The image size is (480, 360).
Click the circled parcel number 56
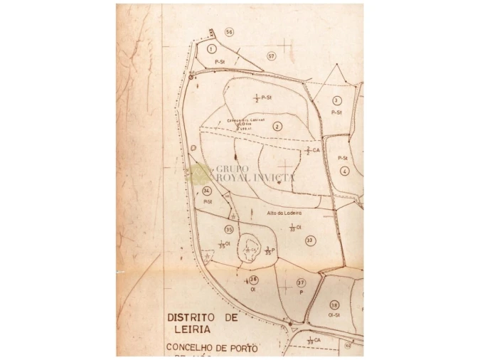pos(229,32)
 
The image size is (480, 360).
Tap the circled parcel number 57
pos(271,55)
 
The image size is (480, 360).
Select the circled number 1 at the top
pos(212,48)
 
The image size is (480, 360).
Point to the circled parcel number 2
pos(277,126)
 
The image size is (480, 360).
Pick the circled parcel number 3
pos(337,101)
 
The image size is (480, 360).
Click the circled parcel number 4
pos(344,171)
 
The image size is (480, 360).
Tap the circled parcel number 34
pos(207,191)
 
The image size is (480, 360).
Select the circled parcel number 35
pos(229,229)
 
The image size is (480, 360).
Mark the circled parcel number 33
pos(309,240)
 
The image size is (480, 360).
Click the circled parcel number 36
pos(253,280)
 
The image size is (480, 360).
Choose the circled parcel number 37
pos(301,282)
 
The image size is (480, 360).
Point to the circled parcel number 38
pos(334,305)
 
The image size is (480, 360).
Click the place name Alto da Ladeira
pos(284,213)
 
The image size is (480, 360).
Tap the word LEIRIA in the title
pos(186,330)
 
